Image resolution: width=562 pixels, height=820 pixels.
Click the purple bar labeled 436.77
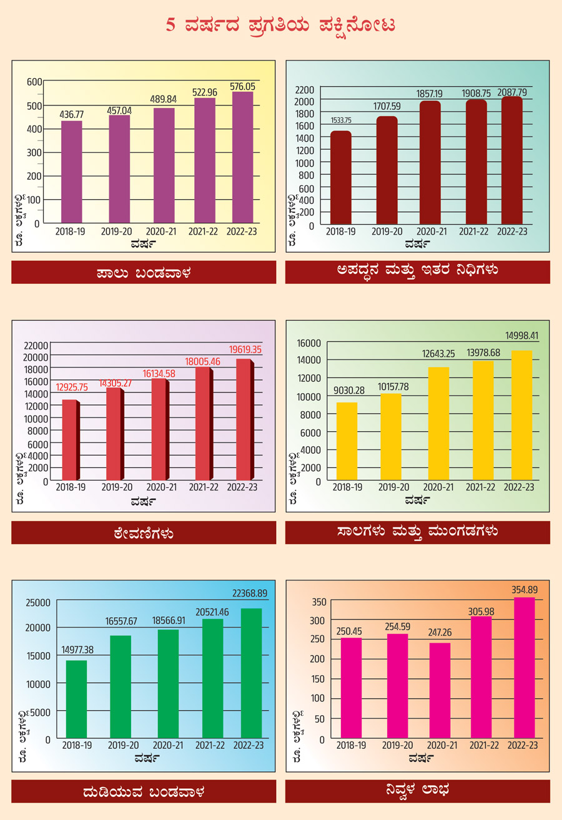[x=72, y=172]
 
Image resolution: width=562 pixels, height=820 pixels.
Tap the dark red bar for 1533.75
[x=341, y=177]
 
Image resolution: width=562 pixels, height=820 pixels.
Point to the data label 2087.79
[x=512, y=92]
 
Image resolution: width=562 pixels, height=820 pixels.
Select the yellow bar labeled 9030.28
[x=347, y=441]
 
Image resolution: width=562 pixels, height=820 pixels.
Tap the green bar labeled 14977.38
[x=77, y=700]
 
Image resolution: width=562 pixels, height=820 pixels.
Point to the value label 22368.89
[x=249, y=593]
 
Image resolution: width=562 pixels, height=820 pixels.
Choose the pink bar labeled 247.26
[x=440, y=691]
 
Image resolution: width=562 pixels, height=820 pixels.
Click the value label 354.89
[x=524, y=589]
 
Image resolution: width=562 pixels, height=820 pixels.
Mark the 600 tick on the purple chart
[x=33, y=82]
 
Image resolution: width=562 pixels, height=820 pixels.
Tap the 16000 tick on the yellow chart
[x=308, y=343]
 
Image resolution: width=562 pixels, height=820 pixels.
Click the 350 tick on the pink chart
[x=318, y=602]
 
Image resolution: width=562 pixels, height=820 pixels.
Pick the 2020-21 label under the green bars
[x=168, y=745]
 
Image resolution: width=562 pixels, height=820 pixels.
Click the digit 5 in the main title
[x=170, y=26]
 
